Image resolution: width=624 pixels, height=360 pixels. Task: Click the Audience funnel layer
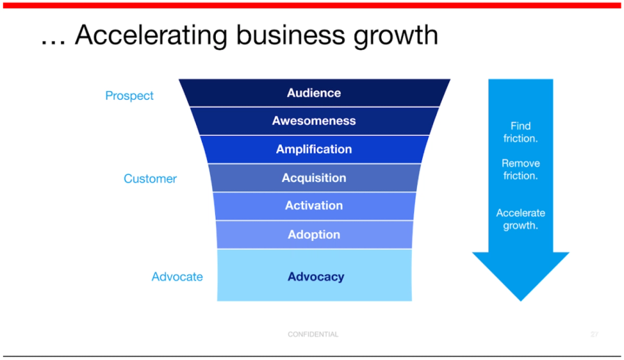pyautogui.click(x=314, y=93)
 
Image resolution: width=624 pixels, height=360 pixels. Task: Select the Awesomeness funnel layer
pyautogui.click(x=314, y=121)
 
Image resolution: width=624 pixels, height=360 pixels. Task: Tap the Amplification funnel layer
pyautogui.click(x=314, y=149)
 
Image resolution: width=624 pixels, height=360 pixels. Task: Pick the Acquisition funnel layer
pyautogui.click(x=314, y=178)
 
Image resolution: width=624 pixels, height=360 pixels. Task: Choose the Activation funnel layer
pyautogui.click(x=314, y=206)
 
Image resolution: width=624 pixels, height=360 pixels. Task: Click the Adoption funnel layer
pyautogui.click(x=314, y=235)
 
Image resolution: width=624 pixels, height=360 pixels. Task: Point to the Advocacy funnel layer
pyautogui.click(x=314, y=276)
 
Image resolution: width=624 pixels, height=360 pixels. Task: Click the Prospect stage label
pyautogui.click(x=129, y=96)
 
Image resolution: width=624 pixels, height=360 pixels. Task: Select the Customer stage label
pyautogui.click(x=150, y=179)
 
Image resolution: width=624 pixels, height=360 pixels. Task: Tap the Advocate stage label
pyautogui.click(x=177, y=277)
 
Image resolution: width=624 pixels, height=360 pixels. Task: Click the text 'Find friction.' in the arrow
pyautogui.click(x=520, y=132)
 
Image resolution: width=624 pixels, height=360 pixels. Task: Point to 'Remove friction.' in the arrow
pyautogui.click(x=520, y=170)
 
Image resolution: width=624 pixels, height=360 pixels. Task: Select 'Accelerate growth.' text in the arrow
pyautogui.click(x=520, y=219)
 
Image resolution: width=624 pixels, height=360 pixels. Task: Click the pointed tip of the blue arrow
pyautogui.click(x=520, y=297)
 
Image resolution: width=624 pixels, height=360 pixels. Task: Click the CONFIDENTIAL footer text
pyautogui.click(x=313, y=334)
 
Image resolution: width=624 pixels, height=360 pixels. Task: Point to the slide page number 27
pyautogui.click(x=595, y=334)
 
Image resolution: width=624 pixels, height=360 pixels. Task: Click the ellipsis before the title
pyautogui.click(x=53, y=40)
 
